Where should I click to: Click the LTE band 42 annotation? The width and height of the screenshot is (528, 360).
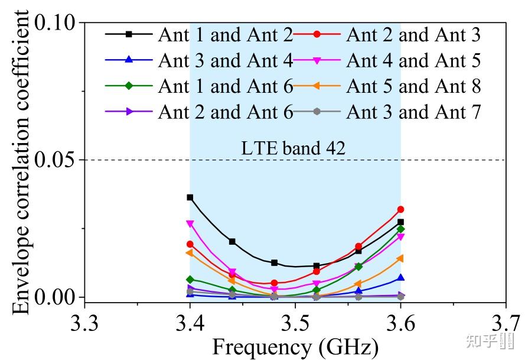click(294, 148)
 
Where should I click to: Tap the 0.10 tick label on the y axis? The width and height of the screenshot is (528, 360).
click(56, 24)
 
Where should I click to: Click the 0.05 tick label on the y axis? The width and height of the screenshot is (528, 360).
click(56, 160)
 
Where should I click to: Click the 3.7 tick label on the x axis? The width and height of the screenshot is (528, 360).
click(505, 323)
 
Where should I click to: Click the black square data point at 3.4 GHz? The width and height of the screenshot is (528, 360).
click(190, 197)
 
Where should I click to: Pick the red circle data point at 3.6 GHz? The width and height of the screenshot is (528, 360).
click(400, 209)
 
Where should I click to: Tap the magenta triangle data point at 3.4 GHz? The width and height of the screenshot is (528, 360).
click(190, 224)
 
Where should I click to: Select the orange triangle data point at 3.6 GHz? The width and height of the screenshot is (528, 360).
click(400, 258)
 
